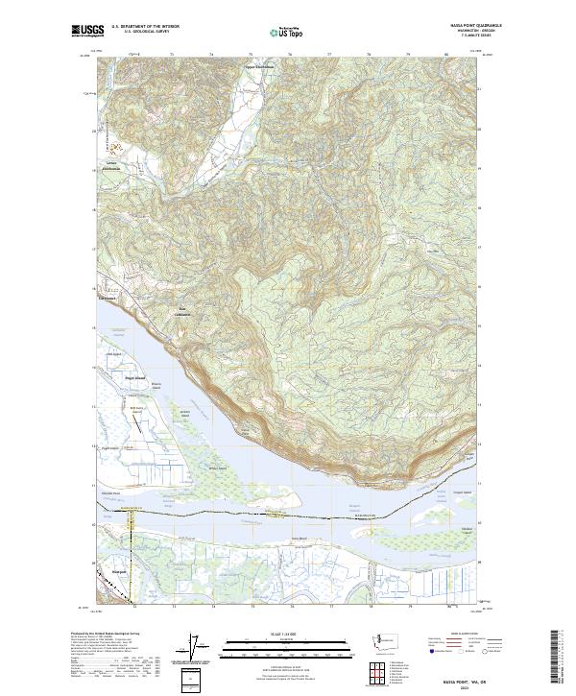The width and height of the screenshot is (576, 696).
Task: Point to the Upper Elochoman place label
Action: [x=260, y=66]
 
